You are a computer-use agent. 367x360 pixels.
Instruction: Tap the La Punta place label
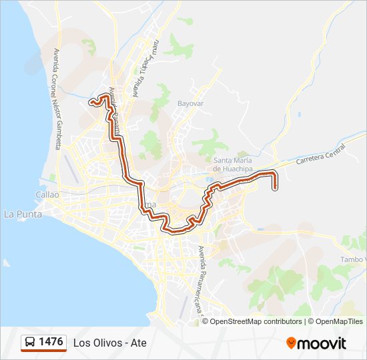tap(23, 214)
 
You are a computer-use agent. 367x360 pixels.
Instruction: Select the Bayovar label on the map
tap(190, 104)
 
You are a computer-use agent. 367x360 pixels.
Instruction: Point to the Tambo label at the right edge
tap(354, 259)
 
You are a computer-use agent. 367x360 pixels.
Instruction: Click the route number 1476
tap(51, 342)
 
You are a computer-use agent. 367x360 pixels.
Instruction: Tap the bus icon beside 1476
tap(30, 343)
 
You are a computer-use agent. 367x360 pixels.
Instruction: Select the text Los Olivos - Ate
tap(109, 343)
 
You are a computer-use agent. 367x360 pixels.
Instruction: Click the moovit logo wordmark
tap(322, 343)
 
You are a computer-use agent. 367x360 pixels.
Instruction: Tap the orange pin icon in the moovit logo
tap(291, 343)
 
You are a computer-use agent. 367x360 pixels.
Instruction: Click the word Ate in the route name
tap(139, 343)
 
